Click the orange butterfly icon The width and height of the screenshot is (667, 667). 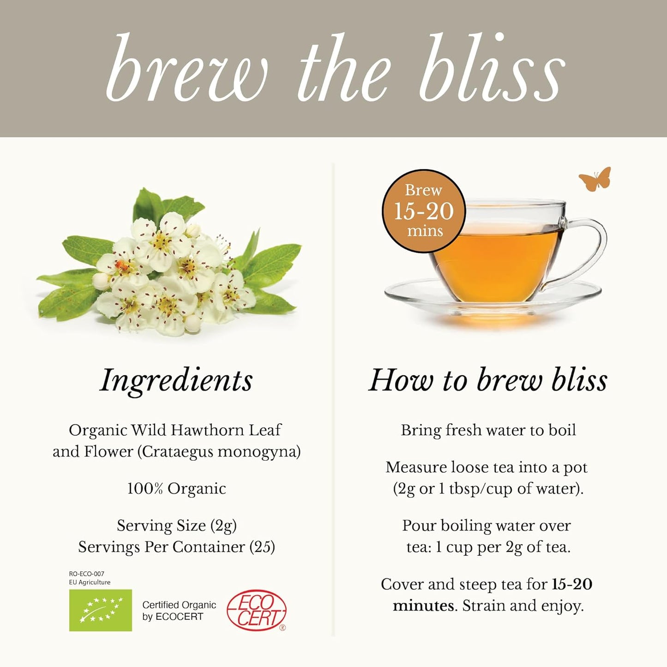pos(595,179)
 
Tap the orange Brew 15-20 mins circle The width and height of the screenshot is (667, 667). pos(424,211)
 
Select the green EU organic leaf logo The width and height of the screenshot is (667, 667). pos(100,610)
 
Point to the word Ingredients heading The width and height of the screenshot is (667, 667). pos(176,380)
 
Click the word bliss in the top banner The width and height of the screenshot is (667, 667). pos(492,69)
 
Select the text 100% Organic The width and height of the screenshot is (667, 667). pos(176,488)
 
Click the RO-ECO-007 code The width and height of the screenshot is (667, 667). pos(87,574)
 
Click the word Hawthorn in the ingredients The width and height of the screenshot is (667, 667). pos(206,430)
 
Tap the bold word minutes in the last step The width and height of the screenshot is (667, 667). pos(423,606)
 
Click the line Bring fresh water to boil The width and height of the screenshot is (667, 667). pos(488,430)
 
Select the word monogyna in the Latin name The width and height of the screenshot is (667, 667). pos(259,451)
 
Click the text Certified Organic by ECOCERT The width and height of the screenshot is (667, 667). pos(179,610)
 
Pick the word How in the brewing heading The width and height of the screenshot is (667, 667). pos(401,380)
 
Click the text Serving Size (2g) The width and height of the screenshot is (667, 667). pos(176,525)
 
